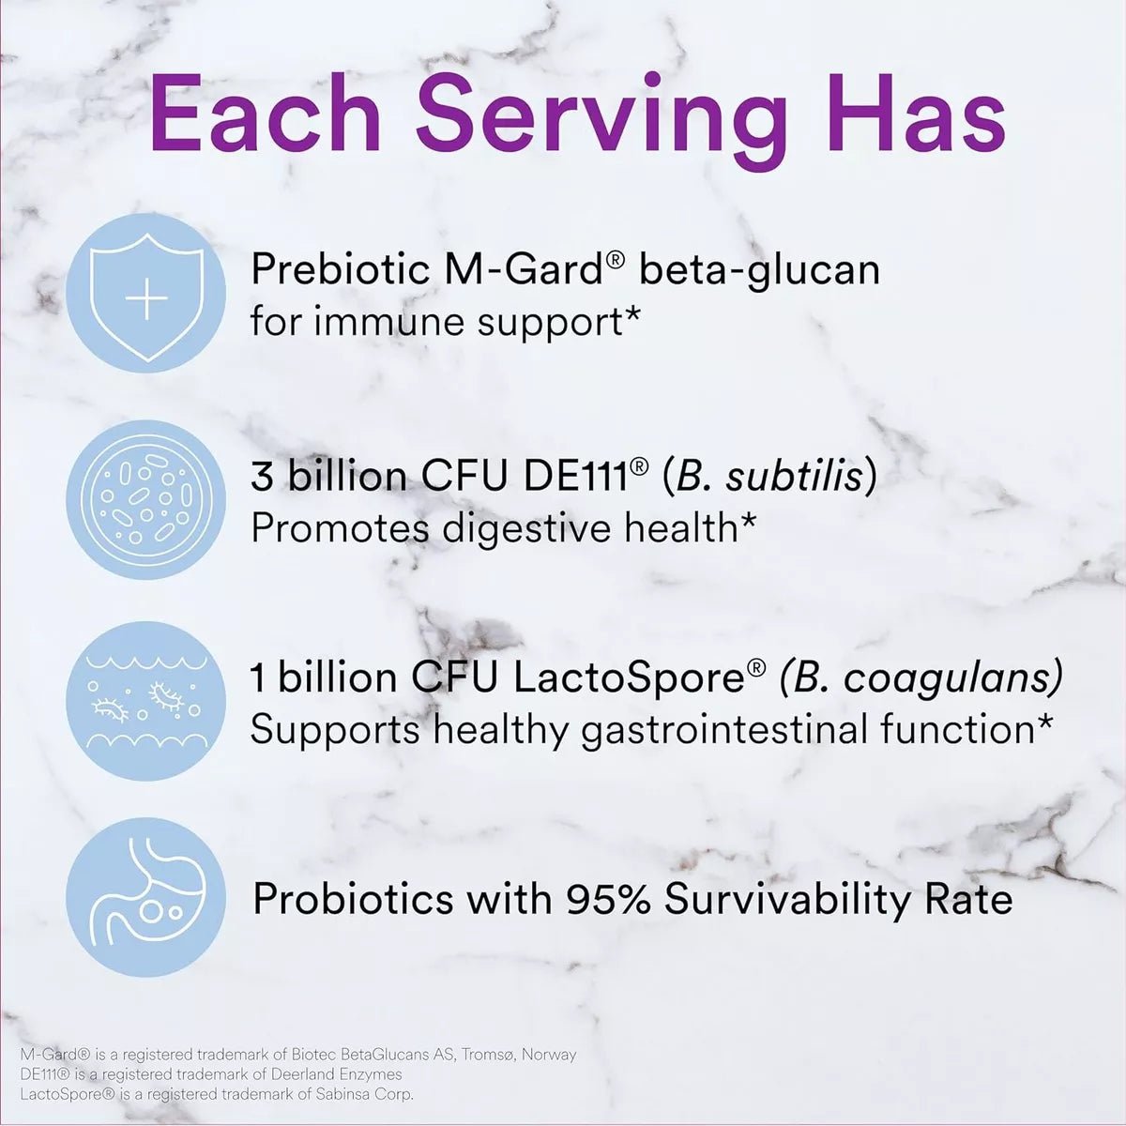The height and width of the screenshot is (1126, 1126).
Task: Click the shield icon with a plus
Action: pyautogui.click(x=146, y=298)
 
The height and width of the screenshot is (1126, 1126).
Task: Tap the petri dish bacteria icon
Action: pyautogui.click(x=146, y=500)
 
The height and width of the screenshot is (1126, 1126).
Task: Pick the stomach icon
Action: pyautogui.click(x=146, y=897)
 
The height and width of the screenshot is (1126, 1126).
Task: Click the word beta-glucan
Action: pyautogui.click(x=759, y=270)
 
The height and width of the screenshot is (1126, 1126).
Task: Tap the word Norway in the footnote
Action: pyautogui.click(x=549, y=1055)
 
